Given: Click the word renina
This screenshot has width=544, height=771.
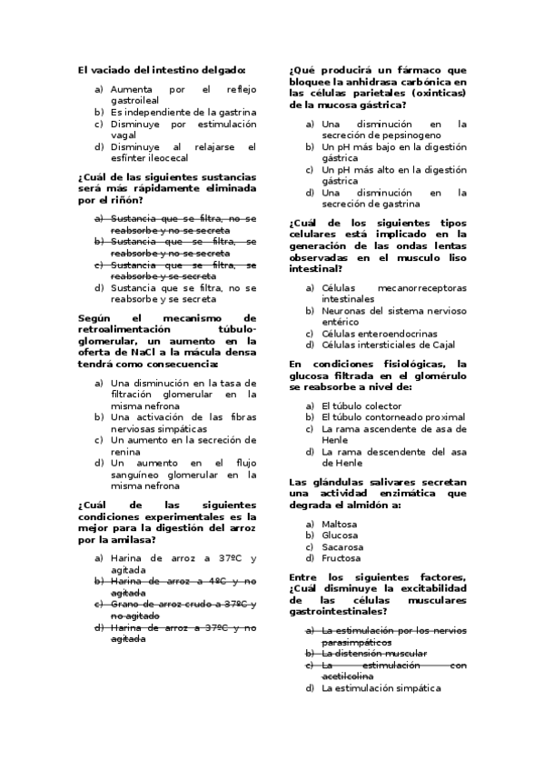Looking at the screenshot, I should pyautogui.click(x=126, y=451).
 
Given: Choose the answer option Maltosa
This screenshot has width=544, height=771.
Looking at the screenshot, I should pyautogui.click(x=340, y=525).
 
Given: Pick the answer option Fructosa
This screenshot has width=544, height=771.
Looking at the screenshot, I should pyautogui.click(x=341, y=558).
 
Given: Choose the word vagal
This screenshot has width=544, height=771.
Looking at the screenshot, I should pyautogui.click(x=124, y=135).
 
